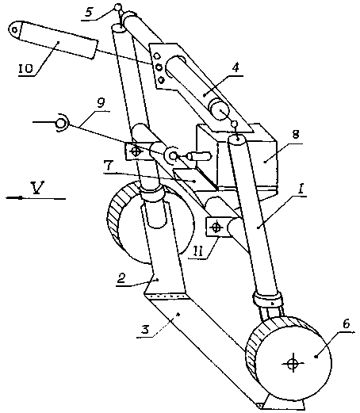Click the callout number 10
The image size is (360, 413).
[25, 69]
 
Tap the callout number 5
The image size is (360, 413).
[90, 13]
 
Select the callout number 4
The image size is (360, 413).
[235, 67]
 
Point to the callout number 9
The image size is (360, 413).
[101, 103]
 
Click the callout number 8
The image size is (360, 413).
[296, 134]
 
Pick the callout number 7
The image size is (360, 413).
[109, 166]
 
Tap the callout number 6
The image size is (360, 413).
[346, 323]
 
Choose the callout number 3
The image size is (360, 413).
[145, 329]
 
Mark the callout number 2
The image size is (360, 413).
[121, 278]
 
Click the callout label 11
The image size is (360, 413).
[198, 250]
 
